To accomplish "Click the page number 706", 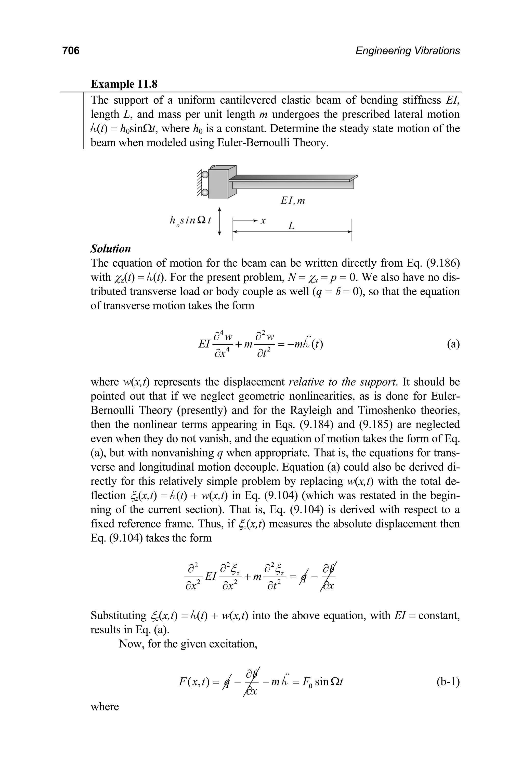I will [x=71, y=51].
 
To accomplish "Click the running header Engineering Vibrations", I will [x=408, y=51].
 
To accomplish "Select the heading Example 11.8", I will [x=124, y=84].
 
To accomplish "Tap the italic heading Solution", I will [x=111, y=249].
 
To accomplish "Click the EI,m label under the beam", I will [x=293, y=201].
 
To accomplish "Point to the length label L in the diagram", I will [x=291, y=226].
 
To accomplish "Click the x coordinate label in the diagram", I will [x=263, y=220].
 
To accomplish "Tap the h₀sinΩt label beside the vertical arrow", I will [x=190, y=221].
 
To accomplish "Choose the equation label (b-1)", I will [x=448, y=682].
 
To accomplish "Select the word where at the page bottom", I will [x=105, y=706].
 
